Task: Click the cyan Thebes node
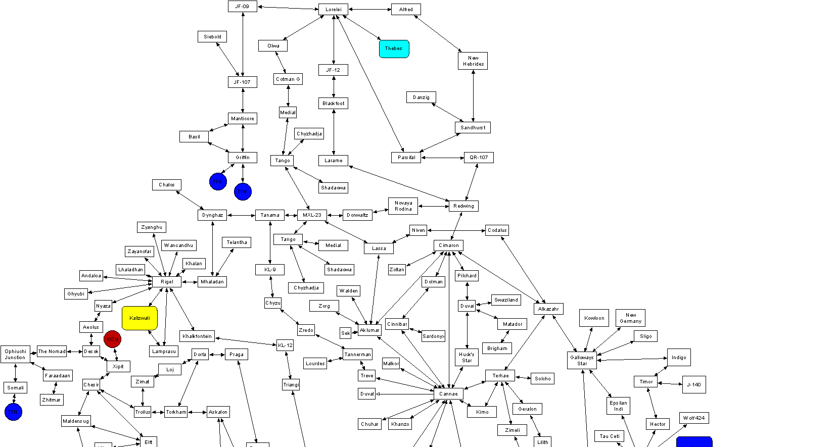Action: click(394, 49)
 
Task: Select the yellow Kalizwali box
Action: click(139, 318)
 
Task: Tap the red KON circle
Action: click(112, 339)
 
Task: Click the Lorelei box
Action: click(333, 10)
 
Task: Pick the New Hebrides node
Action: click(473, 61)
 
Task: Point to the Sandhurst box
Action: click(473, 128)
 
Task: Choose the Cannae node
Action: click(448, 394)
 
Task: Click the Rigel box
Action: click(167, 282)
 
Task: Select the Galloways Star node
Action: click(582, 361)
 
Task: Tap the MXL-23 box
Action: click(312, 215)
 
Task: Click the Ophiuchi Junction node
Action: click(15, 354)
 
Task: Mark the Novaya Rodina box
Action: click(403, 206)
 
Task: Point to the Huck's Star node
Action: click(467, 358)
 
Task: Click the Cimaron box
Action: click(448, 245)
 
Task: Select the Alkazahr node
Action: click(548, 309)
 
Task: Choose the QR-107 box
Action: click(479, 158)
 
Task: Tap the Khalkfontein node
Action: click(197, 336)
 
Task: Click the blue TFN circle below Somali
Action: click(13, 412)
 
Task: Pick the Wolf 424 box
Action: click(693, 418)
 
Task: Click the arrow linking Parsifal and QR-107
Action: click(442, 158)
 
